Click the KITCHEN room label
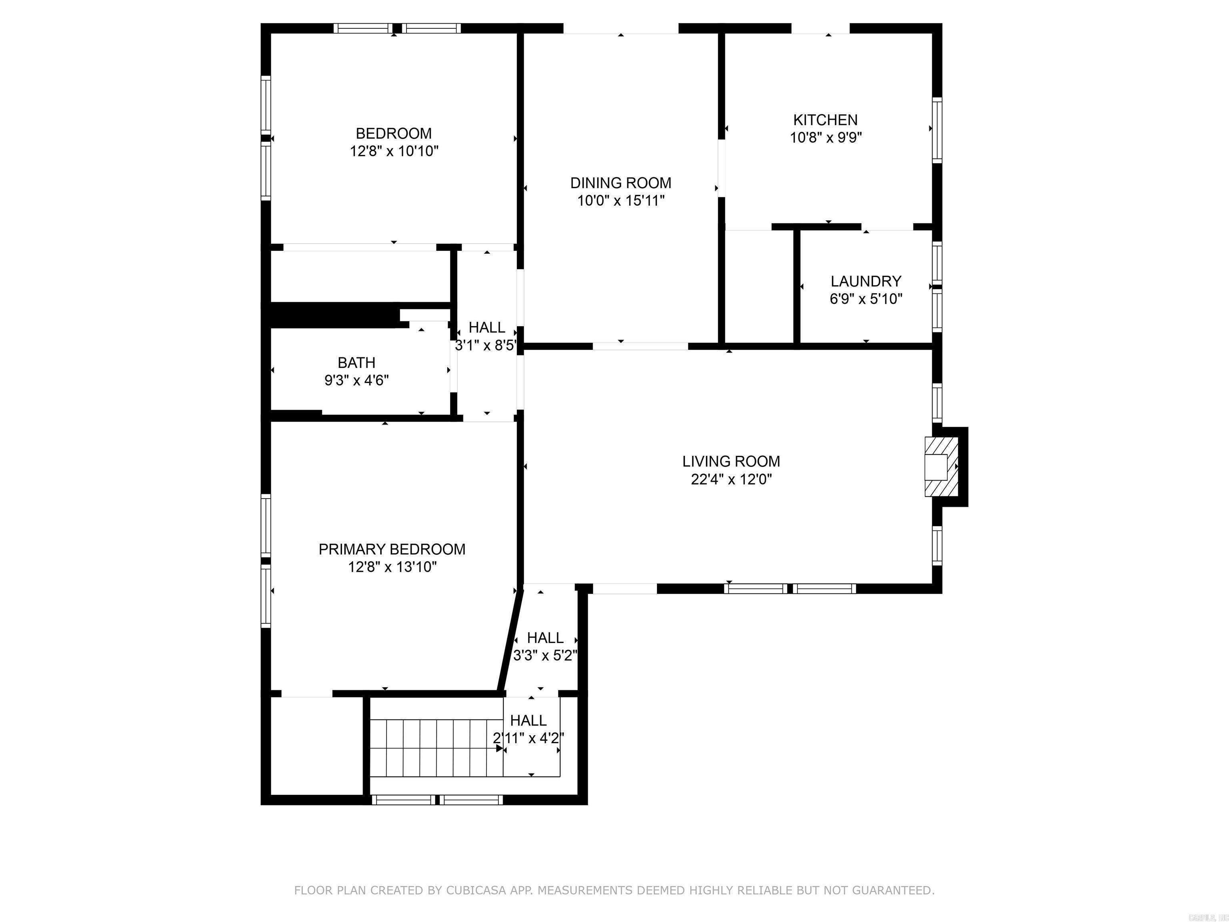[x=825, y=120]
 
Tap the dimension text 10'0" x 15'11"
[x=621, y=200]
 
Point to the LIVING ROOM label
[x=731, y=461]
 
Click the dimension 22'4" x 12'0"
[x=731, y=479]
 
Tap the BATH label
[x=356, y=363]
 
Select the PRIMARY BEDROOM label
[x=392, y=549]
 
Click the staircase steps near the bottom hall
[x=436, y=748]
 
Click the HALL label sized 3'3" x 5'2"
[x=544, y=637]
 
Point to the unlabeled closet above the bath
[x=360, y=276]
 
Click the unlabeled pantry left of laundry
[x=759, y=286]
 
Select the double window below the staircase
[x=437, y=800]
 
